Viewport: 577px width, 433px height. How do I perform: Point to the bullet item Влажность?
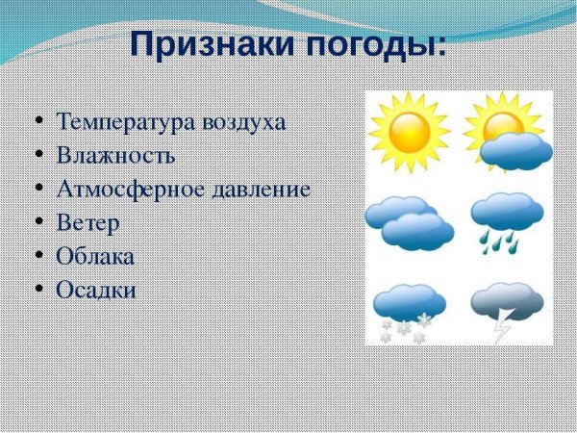(x=115, y=156)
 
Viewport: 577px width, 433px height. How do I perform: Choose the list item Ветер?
(x=88, y=223)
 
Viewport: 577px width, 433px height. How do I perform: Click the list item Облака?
(x=95, y=257)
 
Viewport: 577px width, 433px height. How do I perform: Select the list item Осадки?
(x=96, y=290)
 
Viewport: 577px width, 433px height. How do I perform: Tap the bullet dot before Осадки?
(x=38, y=290)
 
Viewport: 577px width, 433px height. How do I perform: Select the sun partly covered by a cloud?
(x=507, y=135)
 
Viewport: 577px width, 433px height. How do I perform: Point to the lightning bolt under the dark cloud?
(x=501, y=328)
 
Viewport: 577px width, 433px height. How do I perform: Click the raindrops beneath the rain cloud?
(x=495, y=240)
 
